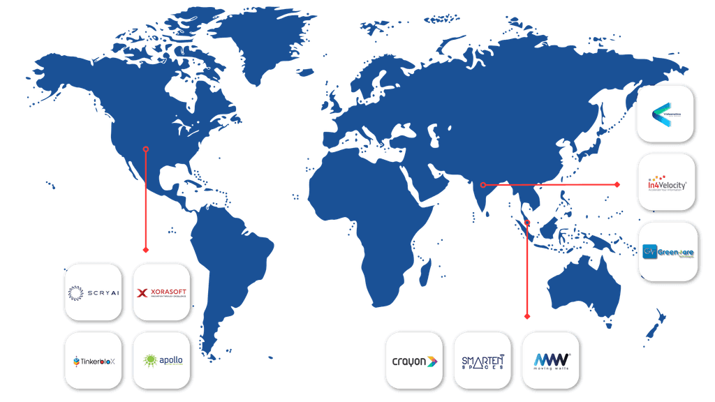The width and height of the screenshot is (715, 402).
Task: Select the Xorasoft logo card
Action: (161, 292)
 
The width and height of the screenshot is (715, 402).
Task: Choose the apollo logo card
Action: (161, 361)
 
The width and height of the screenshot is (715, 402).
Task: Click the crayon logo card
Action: (413, 361)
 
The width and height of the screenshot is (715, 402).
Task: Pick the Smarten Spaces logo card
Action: (482, 361)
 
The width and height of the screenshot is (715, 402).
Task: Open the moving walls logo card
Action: (551, 361)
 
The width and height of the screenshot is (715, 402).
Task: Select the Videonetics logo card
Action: (665, 114)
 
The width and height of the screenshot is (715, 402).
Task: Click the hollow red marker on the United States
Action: (145, 149)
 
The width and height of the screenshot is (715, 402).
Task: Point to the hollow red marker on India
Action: (483, 185)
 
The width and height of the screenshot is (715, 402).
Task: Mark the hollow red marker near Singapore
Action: (527, 223)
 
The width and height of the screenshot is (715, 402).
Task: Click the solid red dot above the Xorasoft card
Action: (145, 249)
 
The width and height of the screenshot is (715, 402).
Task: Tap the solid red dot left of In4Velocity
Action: (617, 184)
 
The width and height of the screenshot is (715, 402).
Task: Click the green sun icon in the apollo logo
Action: (149, 361)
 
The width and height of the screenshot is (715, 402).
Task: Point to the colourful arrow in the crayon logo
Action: (433, 362)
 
